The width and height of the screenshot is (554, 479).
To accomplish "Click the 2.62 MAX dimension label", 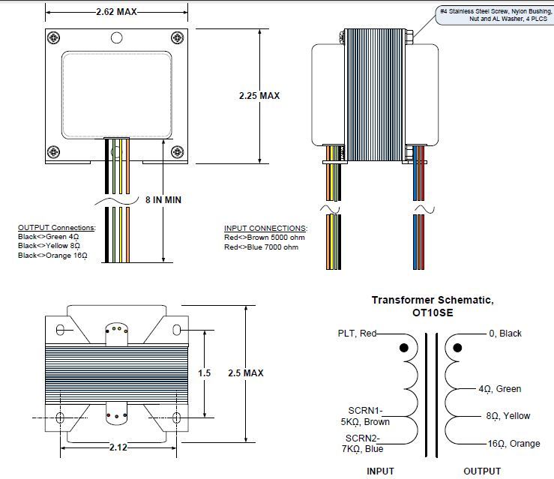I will pyautogui.click(x=117, y=13).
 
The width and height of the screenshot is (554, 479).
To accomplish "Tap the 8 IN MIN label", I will pyautogui.click(x=163, y=200).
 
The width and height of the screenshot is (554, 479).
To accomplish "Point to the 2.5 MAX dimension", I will pyautogui.click(x=246, y=373).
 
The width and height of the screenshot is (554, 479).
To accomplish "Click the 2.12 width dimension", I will pyautogui.click(x=117, y=448).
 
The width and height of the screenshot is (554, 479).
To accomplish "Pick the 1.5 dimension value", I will pyautogui.click(x=205, y=373).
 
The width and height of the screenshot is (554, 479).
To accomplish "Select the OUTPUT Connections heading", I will pyautogui.click(x=56, y=227).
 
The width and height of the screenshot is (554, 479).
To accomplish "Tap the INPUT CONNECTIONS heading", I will pyautogui.click(x=265, y=228).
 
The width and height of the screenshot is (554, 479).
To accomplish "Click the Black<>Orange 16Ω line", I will pyautogui.click(x=52, y=256).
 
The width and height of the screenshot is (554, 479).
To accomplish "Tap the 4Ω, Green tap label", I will pyautogui.click(x=499, y=389).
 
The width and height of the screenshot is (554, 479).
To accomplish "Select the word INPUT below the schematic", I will pyautogui.click(x=380, y=472).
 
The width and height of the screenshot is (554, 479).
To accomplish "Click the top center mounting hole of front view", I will pyautogui.click(x=115, y=37).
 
